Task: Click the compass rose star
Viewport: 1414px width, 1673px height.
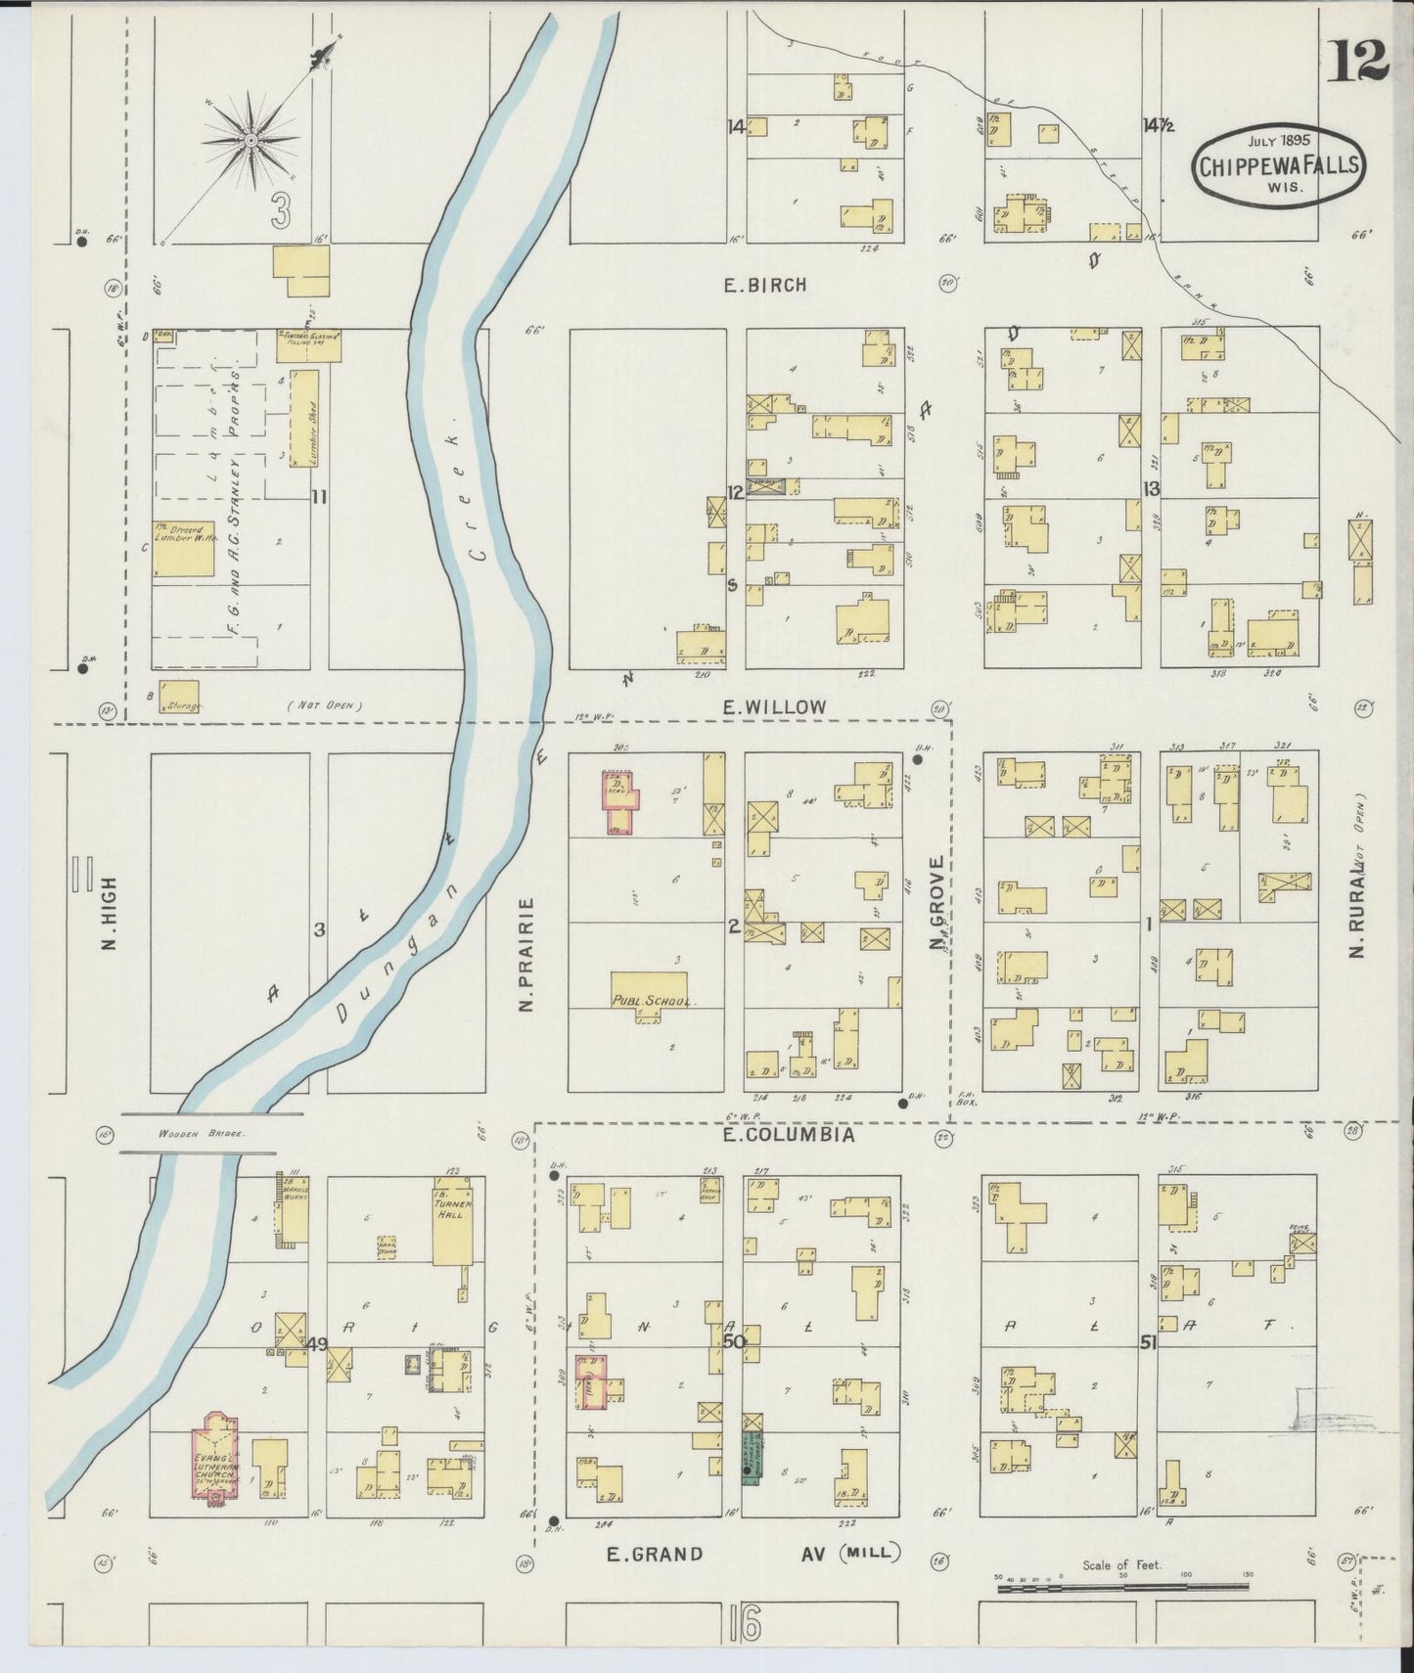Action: click(251, 140)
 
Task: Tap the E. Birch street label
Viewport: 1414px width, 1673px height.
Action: click(764, 286)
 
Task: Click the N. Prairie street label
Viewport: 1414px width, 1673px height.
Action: click(525, 954)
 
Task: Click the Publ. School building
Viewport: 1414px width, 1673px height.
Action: click(650, 990)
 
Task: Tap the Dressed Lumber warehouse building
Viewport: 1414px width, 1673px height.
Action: click(183, 548)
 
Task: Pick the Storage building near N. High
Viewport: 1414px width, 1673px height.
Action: click(179, 696)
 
